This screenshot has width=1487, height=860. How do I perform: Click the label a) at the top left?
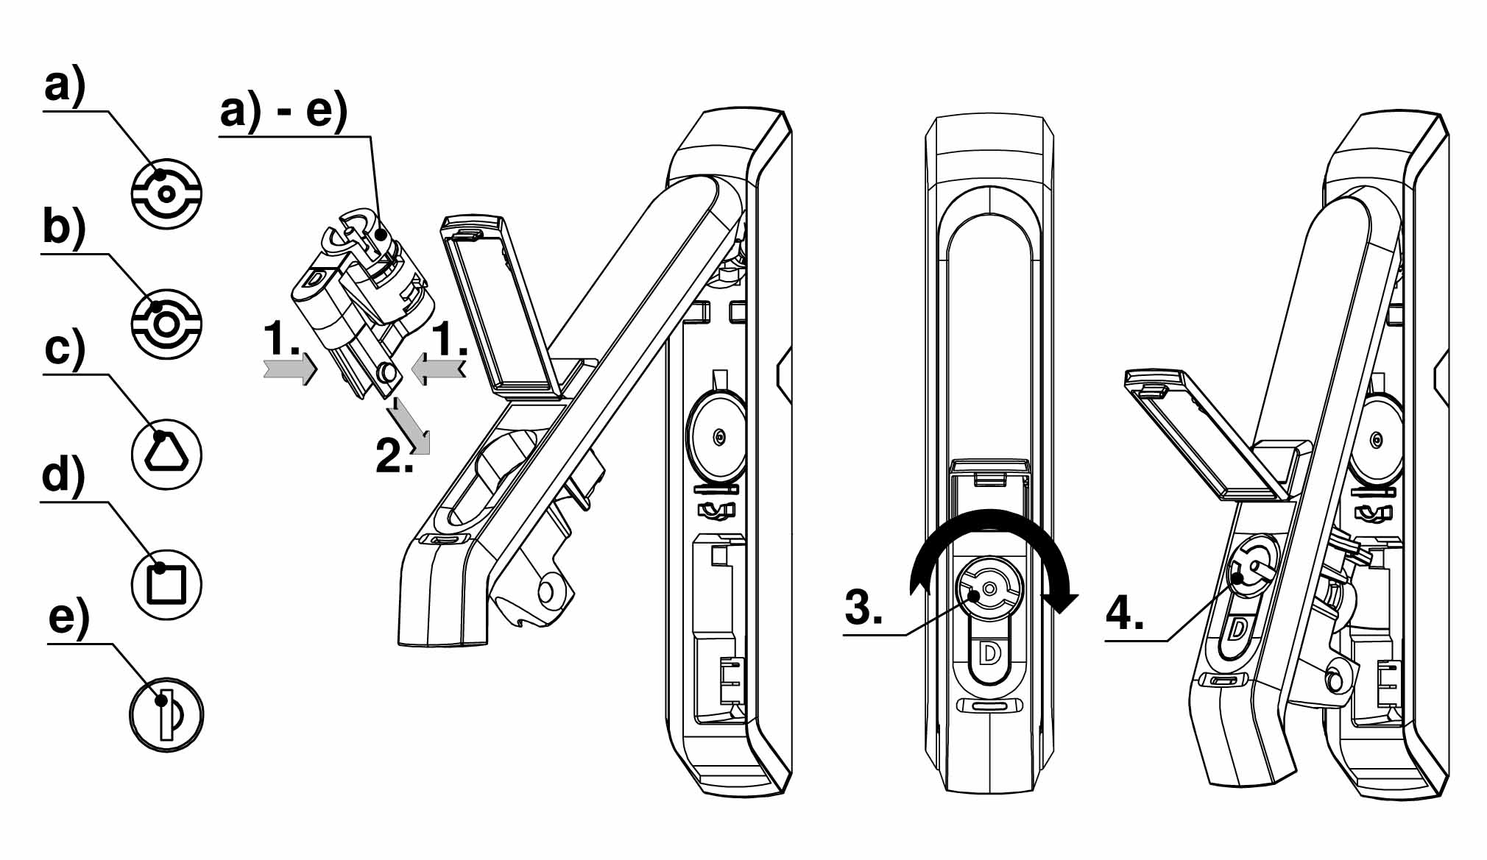point(65,86)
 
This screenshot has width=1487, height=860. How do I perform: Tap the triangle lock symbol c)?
point(166,452)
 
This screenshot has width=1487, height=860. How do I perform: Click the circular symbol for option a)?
point(166,193)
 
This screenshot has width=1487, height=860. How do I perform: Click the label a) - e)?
point(283,112)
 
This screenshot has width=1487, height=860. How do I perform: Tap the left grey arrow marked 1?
point(290,368)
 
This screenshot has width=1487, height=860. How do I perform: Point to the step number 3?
point(863,608)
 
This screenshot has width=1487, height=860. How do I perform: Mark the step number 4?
point(1125,612)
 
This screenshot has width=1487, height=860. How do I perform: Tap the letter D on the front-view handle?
point(990,653)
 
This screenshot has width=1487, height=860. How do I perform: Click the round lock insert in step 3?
point(989,589)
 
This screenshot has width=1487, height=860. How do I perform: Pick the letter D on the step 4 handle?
point(1237,629)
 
